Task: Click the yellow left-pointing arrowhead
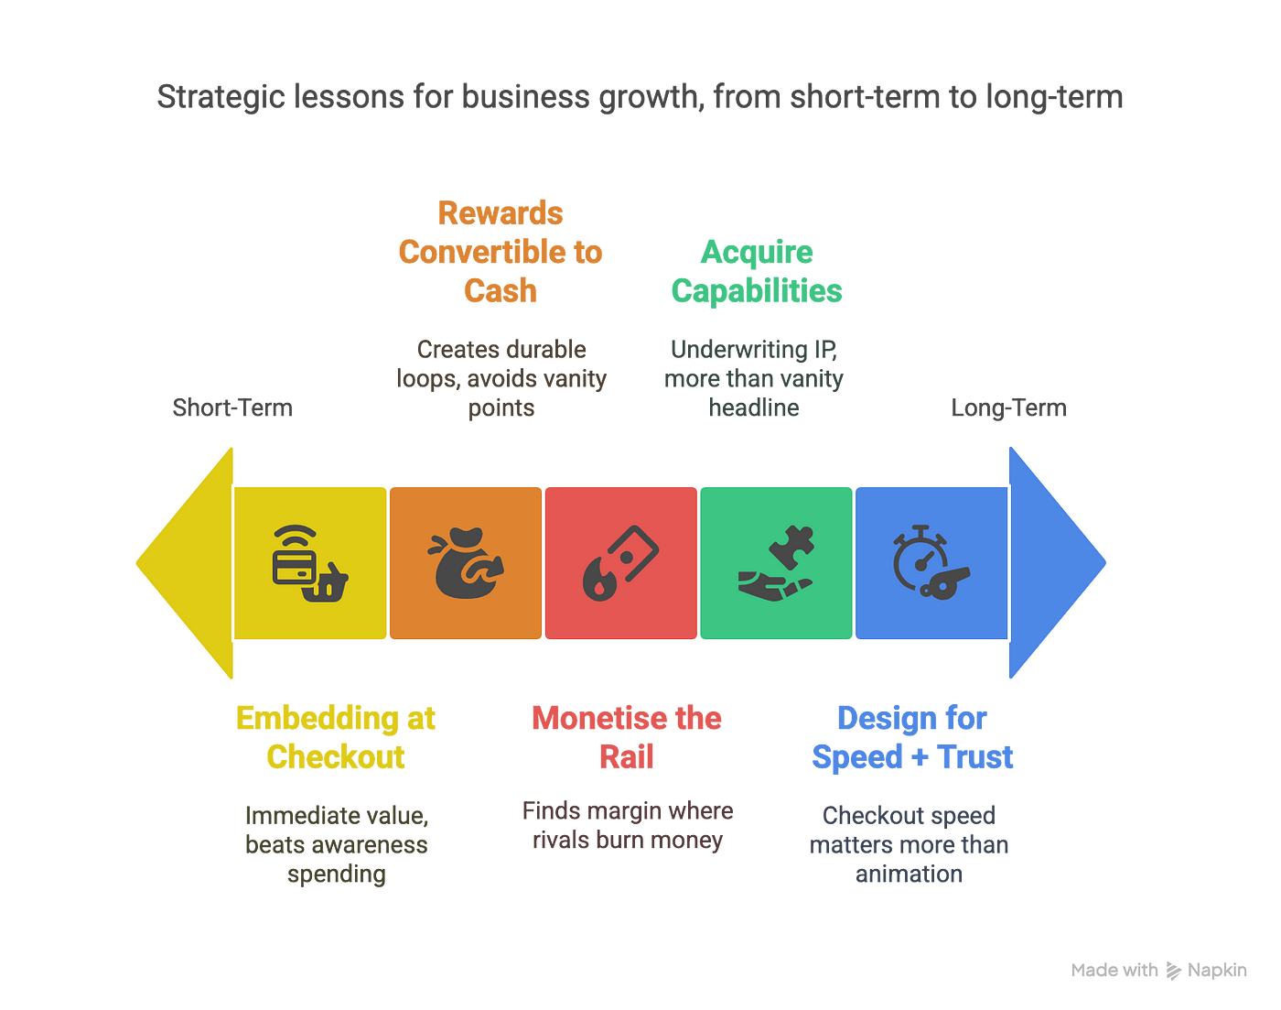click(x=188, y=562)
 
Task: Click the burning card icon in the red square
click(x=620, y=562)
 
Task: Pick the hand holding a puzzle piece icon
click(x=776, y=562)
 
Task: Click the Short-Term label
click(x=232, y=407)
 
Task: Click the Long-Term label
click(x=1008, y=407)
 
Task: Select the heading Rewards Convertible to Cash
click(x=501, y=252)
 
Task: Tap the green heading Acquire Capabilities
click(x=756, y=271)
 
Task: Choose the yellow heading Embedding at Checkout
click(x=336, y=737)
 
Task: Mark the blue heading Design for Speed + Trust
click(x=912, y=737)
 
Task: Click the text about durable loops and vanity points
click(x=501, y=378)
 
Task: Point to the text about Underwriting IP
click(x=754, y=378)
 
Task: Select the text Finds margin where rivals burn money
click(x=628, y=825)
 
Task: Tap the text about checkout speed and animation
click(x=909, y=844)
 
